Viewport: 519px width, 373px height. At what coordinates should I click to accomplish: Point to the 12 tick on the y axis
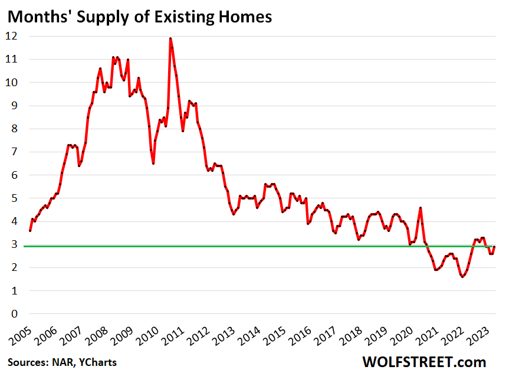coord(12,36)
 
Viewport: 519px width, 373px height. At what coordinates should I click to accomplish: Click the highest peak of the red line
coord(170,38)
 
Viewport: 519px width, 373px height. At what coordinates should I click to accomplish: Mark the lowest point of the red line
coord(462,277)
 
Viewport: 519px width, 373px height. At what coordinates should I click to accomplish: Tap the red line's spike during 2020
coord(421,208)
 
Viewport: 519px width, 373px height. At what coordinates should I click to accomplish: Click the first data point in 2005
coord(29,230)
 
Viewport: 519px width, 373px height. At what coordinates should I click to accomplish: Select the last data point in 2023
coord(494,246)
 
